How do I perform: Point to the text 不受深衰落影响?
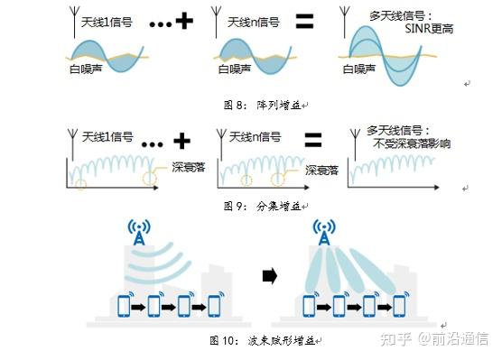[x=408, y=144]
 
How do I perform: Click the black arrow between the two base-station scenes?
[x=268, y=277]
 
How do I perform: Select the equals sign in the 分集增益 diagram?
[x=313, y=139]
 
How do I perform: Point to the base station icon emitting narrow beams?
[x=322, y=233]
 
